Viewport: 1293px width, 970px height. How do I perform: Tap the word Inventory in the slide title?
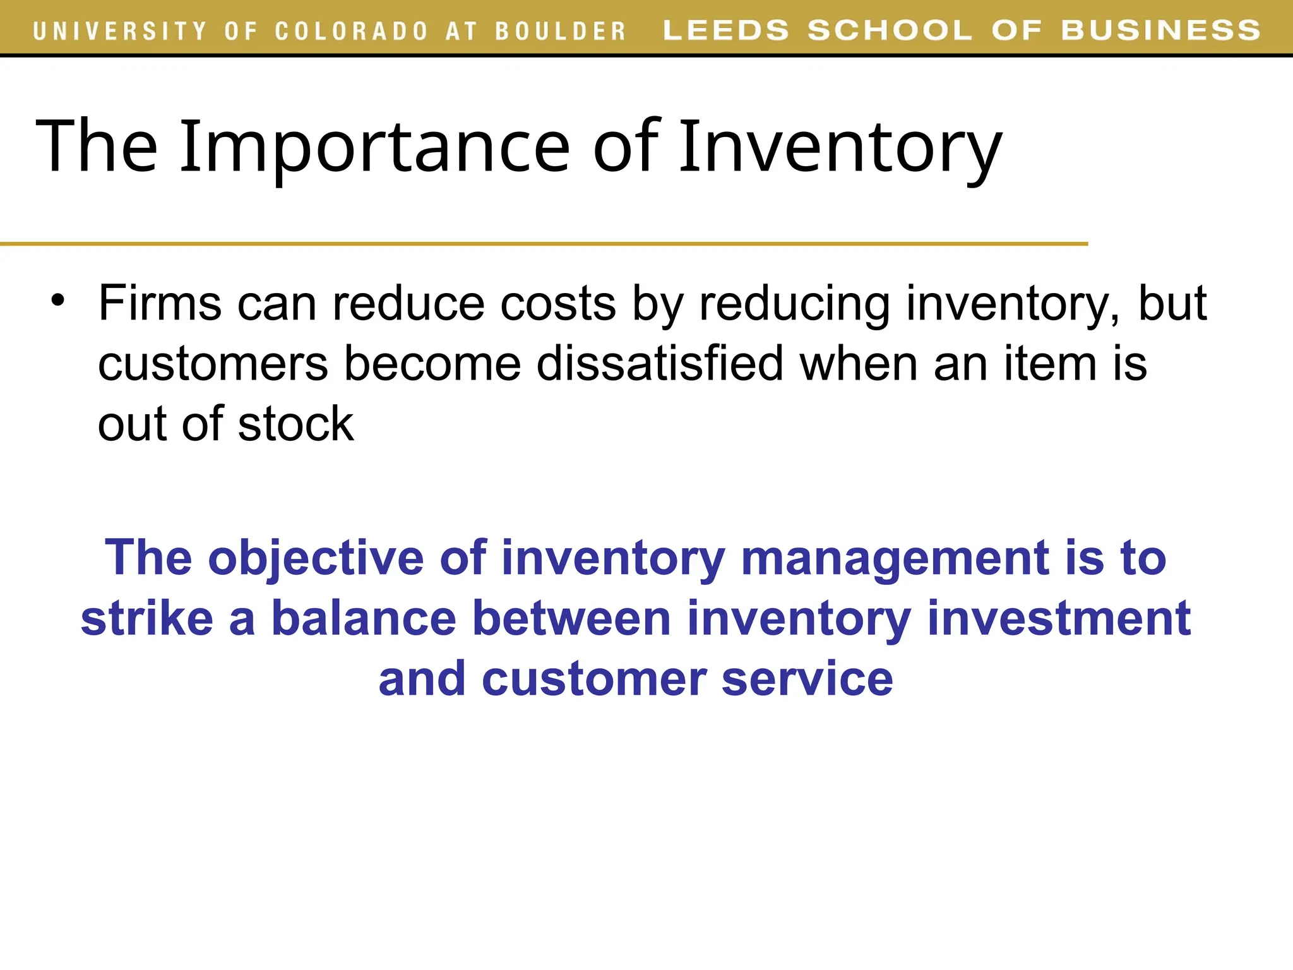tap(840, 147)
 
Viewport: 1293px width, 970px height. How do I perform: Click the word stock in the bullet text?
tap(295, 424)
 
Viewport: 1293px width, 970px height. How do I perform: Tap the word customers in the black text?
tap(213, 364)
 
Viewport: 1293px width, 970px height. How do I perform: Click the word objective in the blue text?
tap(316, 558)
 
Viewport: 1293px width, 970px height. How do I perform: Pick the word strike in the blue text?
tap(147, 618)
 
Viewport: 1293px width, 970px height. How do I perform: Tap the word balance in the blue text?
tap(364, 618)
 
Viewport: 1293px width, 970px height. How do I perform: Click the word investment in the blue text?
tap(1059, 618)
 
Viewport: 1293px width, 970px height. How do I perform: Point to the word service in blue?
tap(807, 679)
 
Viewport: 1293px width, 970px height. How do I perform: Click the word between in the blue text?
tap(571, 618)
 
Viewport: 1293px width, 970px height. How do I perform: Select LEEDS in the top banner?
tap(726, 30)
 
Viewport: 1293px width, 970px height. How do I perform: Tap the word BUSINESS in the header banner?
tap(1160, 30)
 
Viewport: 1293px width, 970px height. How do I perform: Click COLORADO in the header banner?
tap(352, 31)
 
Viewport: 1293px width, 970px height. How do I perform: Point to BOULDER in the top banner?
tap(560, 31)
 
